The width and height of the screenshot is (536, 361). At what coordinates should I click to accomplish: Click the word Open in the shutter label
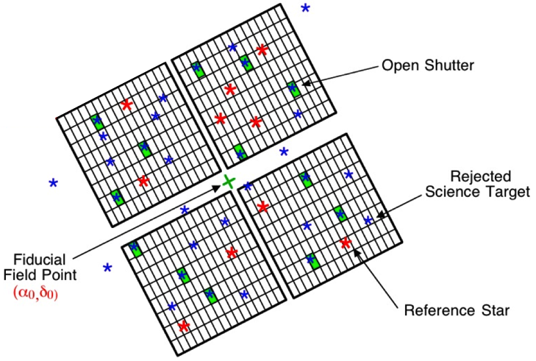[x=398, y=66]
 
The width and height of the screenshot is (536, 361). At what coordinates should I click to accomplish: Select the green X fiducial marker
[x=229, y=181]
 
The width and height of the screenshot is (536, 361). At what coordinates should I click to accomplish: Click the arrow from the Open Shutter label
[x=338, y=76]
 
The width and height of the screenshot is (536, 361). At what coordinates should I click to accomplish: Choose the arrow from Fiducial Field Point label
[x=147, y=221]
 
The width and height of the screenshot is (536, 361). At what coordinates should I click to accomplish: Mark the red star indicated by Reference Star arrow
[x=346, y=243]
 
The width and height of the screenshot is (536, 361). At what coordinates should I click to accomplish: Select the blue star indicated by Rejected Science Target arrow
[x=368, y=221]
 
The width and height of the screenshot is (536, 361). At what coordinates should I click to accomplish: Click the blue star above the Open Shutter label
[x=305, y=8]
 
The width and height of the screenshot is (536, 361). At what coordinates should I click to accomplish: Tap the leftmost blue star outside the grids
[x=53, y=182]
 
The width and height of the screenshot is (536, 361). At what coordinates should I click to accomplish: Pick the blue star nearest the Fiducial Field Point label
[x=107, y=268]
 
